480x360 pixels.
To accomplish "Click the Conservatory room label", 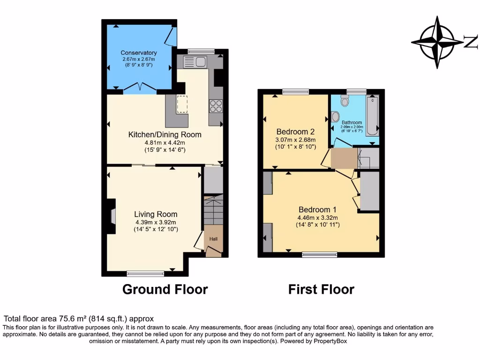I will coord(139,52).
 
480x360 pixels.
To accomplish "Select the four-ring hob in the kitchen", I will coord(216,106).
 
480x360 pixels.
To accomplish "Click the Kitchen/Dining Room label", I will coord(165,135).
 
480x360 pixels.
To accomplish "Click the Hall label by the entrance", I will coord(213,239).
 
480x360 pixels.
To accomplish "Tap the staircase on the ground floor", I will coord(214,212).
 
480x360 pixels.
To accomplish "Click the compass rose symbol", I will coord(437,42).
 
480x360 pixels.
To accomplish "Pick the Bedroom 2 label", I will coord(295,131).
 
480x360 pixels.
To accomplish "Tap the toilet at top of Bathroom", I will coord(345,100).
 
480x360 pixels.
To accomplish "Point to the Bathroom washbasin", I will coord(336,116).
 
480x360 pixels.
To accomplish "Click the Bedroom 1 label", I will coord(317,210).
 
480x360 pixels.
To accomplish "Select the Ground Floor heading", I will coord(165,289).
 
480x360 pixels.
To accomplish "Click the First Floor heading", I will coord(321,289).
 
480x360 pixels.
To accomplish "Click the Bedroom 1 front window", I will coord(319,255).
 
